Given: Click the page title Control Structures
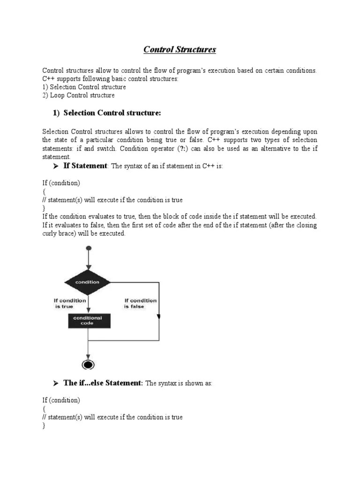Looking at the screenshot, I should click(x=180, y=49).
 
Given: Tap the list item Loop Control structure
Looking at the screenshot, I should click(x=79, y=95).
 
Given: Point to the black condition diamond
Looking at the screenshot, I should click(x=87, y=282).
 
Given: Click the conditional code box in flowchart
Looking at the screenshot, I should click(x=88, y=320).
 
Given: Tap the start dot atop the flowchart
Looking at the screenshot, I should click(x=88, y=248).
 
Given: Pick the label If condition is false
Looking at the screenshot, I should click(x=140, y=303).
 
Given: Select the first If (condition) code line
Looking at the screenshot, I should click(x=61, y=183).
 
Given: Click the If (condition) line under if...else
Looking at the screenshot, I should click(x=61, y=400).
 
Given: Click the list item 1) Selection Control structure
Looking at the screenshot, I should click(x=84, y=87).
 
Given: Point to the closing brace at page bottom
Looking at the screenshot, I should click(x=44, y=426).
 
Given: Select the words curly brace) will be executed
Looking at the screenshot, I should click(x=84, y=233).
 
